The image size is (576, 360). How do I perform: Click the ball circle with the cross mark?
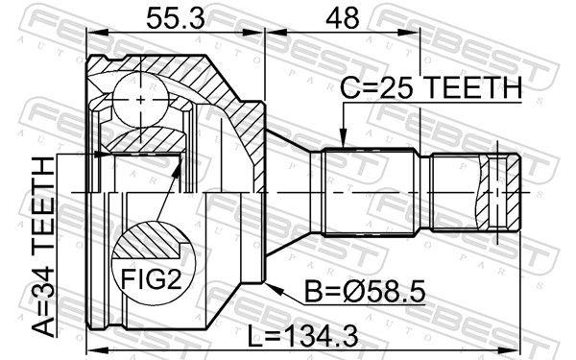click(140, 98)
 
